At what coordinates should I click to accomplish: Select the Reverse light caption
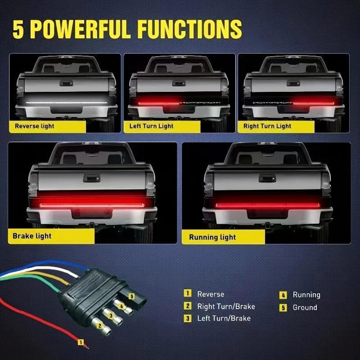[34, 126]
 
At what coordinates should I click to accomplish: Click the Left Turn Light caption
[151, 126]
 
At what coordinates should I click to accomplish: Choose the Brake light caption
[32, 236]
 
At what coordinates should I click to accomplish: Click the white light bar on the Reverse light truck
[66, 102]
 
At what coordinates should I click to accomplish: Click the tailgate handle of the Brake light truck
[92, 177]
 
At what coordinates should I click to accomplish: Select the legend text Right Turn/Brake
[226, 306]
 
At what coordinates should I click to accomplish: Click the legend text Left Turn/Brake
[224, 318]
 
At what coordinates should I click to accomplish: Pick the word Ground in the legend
[305, 307]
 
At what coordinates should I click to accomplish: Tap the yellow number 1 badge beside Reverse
[188, 294]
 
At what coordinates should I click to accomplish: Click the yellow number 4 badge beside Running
[283, 295]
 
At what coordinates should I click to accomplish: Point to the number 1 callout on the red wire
[81, 342]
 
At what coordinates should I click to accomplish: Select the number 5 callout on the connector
[131, 296]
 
